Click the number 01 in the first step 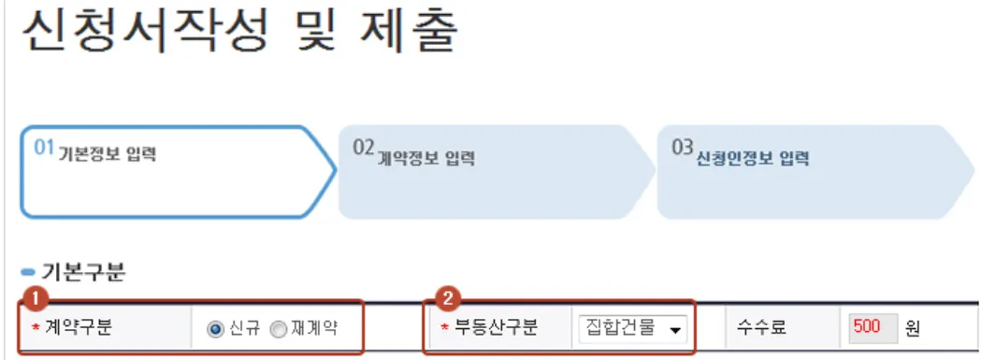click(44, 149)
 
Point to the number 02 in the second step click(364, 149)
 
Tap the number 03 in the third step click(683, 149)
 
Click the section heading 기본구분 click(83, 273)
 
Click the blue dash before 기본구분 click(27, 273)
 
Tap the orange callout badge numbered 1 click(36, 298)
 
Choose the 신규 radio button click(214, 329)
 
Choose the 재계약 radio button click(278, 329)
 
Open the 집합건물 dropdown click(632, 328)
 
